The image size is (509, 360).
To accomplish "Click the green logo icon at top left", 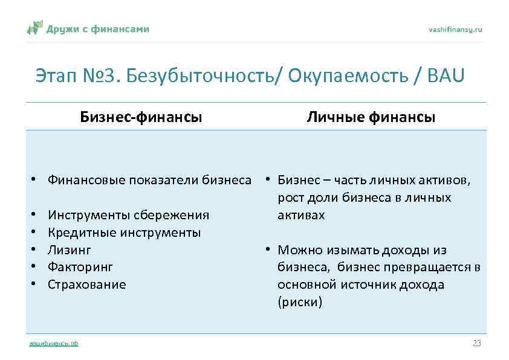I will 36,28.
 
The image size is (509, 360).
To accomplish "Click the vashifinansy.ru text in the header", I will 455,30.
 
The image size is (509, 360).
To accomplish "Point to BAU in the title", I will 446,77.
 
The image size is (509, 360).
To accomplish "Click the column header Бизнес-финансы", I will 141,117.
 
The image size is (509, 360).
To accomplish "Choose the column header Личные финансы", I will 371,117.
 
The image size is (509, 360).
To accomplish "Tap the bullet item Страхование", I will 87,284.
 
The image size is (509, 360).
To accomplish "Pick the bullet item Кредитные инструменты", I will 124,232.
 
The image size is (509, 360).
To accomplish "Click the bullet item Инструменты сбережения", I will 128,215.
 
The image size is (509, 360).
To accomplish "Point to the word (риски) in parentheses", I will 300,302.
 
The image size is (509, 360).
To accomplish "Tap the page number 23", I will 476,343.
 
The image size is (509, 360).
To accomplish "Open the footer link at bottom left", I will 54,344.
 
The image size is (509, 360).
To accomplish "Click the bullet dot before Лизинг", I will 37,249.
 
